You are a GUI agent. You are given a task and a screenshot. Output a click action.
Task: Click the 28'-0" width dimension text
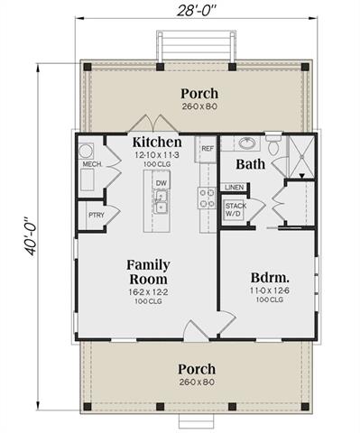(x=197, y=11)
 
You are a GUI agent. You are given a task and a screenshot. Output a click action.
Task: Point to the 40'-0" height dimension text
(x=31, y=235)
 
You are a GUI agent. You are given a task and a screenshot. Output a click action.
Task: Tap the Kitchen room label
(x=157, y=142)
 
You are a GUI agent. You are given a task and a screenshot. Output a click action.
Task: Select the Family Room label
(x=148, y=272)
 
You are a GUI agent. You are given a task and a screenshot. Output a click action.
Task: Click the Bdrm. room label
(x=270, y=278)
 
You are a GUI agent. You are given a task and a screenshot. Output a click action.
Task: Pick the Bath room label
(x=251, y=164)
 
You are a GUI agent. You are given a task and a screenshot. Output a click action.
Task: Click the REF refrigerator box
(x=206, y=150)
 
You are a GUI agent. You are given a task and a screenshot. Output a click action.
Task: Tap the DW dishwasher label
(x=162, y=183)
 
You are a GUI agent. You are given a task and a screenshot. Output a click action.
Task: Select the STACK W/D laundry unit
(x=235, y=210)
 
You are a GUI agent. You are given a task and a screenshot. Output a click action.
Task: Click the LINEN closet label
(x=235, y=188)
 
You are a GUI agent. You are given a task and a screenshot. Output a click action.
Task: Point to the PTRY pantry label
(x=97, y=215)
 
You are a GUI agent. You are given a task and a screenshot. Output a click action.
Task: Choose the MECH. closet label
(x=92, y=164)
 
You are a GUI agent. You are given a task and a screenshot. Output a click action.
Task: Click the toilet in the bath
(x=273, y=145)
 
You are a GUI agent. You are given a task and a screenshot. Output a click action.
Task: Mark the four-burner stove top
(x=207, y=198)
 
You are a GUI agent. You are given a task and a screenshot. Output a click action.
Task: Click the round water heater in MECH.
(x=86, y=151)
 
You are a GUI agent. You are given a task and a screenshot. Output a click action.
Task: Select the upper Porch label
(x=199, y=94)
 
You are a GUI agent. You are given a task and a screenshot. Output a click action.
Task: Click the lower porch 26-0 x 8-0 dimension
(x=197, y=382)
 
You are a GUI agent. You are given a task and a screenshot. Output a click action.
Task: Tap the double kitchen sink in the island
(x=161, y=202)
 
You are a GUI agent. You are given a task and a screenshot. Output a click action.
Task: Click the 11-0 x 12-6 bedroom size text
(x=270, y=290)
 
